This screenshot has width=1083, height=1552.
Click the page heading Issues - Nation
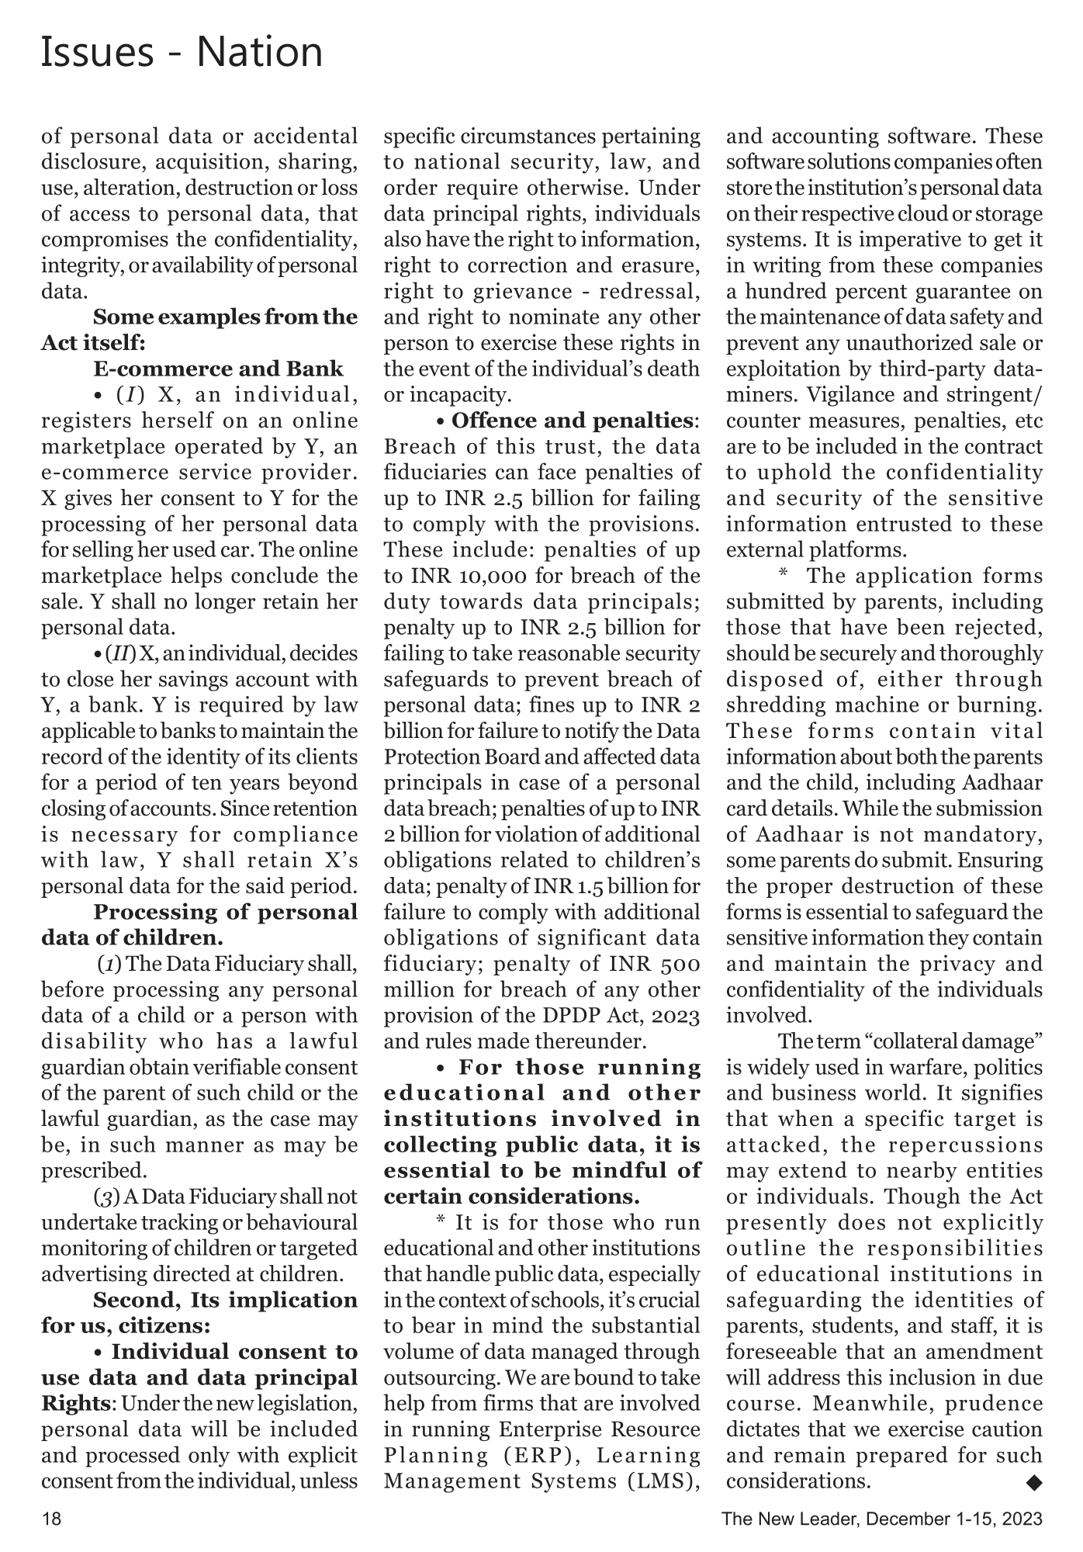click(x=182, y=53)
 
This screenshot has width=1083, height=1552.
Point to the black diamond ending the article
click(x=1033, y=1482)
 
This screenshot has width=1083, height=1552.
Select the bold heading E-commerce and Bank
click(x=218, y=369)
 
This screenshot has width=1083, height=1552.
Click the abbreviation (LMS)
click(x=661, y=1481)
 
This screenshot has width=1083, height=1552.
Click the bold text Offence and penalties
click(x=572, y=421)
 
